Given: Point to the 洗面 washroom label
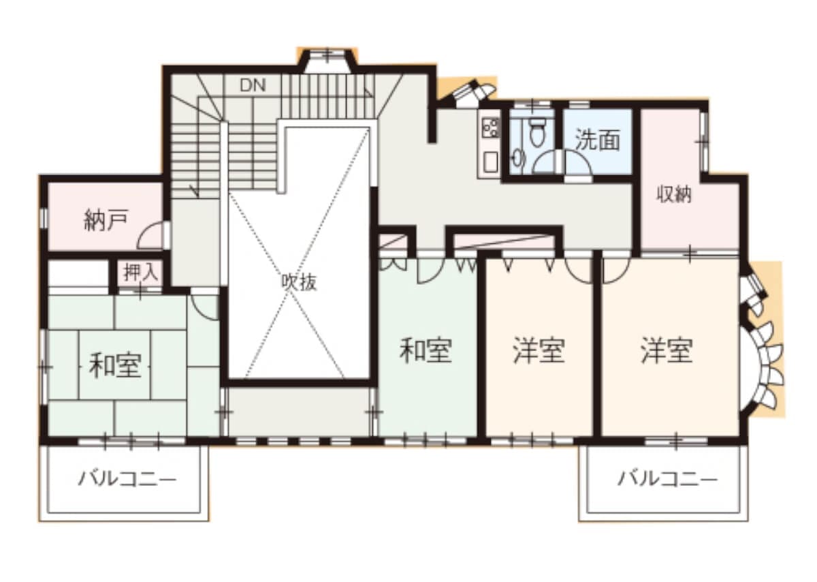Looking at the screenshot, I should (597, 140).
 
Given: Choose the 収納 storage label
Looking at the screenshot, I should (674, 195).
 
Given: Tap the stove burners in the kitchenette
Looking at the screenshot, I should (490, 127).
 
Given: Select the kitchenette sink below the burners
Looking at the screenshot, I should (490, 162).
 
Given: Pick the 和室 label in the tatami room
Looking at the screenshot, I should (115, 365).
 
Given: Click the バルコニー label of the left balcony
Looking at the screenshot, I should (127, 480).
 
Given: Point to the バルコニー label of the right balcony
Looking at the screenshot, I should (667, 480).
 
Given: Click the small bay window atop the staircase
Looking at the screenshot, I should (327, 61).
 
